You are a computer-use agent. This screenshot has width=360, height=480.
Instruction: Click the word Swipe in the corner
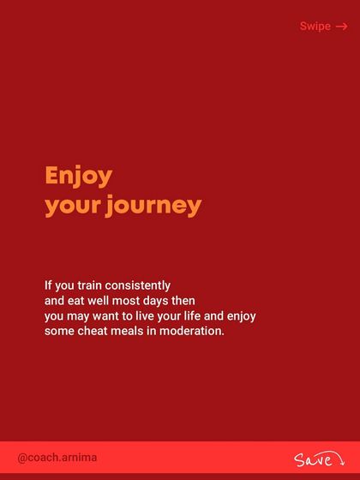click(315, 27)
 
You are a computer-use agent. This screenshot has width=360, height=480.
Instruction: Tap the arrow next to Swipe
click(341, 27)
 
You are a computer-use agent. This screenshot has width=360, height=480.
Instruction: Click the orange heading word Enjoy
click(78, 177)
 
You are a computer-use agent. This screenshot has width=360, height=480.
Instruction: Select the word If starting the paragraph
click(49, 285)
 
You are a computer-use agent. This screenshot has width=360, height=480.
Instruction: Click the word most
click(137, 301)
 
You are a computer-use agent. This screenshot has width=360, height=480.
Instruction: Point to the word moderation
click(195, 332)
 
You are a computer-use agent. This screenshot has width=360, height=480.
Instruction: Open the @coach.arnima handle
click(57, 458)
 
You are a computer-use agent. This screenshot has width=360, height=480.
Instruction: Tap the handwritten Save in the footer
click(313, 460)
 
